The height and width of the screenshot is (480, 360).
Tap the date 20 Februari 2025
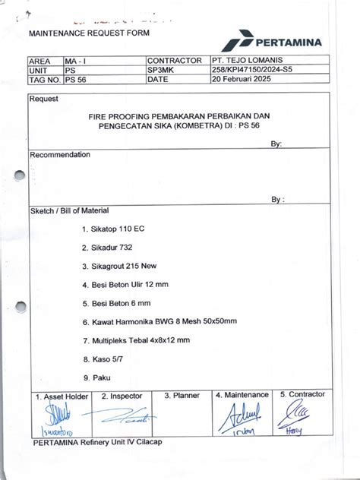coord(242,78)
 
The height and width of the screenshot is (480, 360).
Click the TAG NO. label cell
coord(44,78)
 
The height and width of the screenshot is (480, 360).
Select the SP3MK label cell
coord(161,69)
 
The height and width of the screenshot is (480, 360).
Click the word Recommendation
coord(60,154)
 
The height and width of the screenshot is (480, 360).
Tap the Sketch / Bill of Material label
coord(69,210)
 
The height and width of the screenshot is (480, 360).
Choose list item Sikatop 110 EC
coord(112,228)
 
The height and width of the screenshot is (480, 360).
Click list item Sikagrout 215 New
coord(120,266)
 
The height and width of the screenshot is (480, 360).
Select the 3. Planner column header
coord(182,395)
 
